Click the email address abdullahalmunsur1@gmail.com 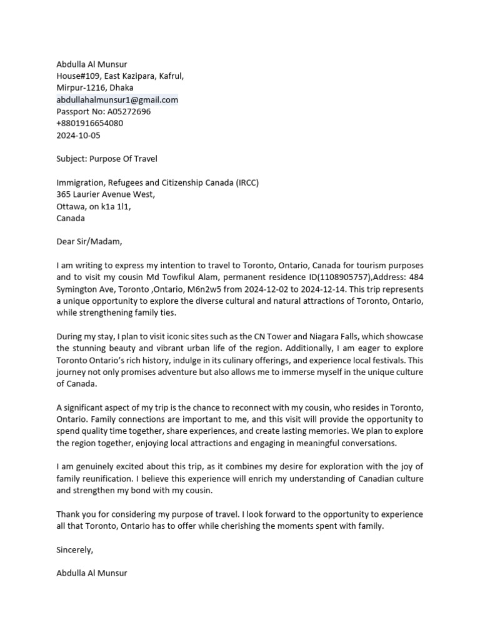(117, 99)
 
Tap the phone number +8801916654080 (90, 123)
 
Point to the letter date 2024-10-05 (78, 135)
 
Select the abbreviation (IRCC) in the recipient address (247, 182)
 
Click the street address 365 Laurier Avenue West (106, 194)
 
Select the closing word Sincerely (74, 550)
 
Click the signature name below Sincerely (92, 572)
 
